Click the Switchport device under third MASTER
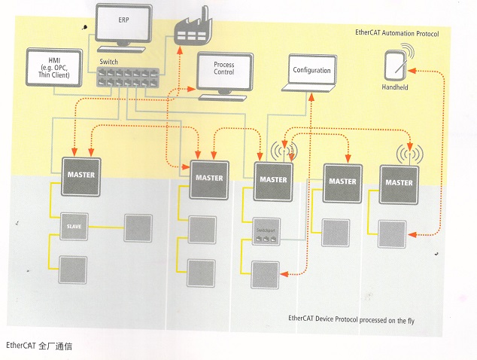point(266,234)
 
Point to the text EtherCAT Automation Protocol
point(396,34)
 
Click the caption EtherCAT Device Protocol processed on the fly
point(351,320)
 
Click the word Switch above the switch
point(108,60)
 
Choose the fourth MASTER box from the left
point(339,181)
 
